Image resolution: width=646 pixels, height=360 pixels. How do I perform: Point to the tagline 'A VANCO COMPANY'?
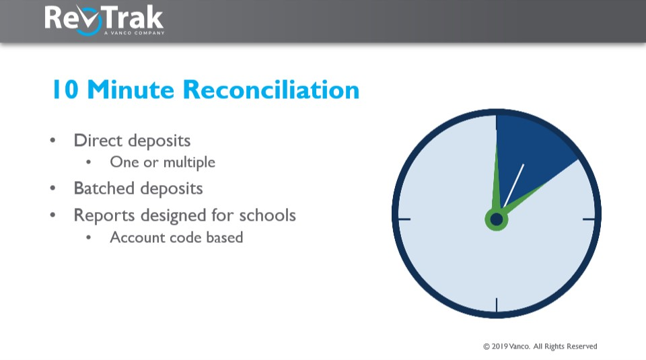[134, 32]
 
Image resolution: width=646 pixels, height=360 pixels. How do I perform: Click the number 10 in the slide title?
[66, 89]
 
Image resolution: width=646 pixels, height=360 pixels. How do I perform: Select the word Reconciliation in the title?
[271, 89]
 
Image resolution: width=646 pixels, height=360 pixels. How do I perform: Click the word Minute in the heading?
[132, 89]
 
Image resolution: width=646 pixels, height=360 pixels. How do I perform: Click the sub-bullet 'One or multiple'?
[162, 162]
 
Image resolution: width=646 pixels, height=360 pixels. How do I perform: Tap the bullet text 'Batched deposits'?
[138, 188]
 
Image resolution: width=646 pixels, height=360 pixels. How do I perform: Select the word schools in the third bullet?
[269, 215]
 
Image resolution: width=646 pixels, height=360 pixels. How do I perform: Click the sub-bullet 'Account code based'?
[176, 238]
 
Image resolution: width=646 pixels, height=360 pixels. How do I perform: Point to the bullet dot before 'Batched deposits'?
[53, 189]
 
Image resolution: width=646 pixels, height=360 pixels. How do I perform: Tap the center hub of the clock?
[497, 219]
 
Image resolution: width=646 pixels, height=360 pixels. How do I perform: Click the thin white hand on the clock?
[513, 185]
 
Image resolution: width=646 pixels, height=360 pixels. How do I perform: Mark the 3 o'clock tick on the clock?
[589, 219]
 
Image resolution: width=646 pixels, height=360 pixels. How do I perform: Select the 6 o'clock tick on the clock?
[497, 305]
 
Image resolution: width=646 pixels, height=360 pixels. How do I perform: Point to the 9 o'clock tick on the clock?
[404, 219]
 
